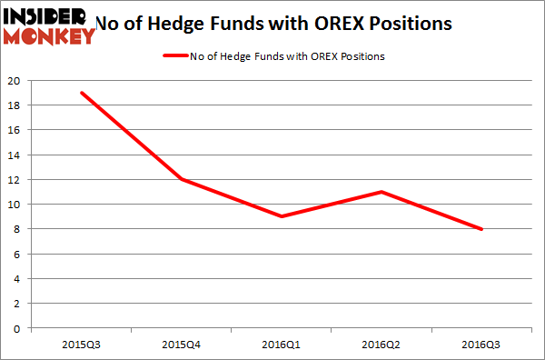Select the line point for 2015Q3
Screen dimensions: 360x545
pyautogui.click(x=81, y=93)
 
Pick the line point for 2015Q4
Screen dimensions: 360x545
pyautogui.click(x=183, y=179)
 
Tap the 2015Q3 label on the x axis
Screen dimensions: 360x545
pyautogui.click(x=81, y=344)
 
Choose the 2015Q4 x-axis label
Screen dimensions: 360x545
pyautogui.click(x=183, y=344)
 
